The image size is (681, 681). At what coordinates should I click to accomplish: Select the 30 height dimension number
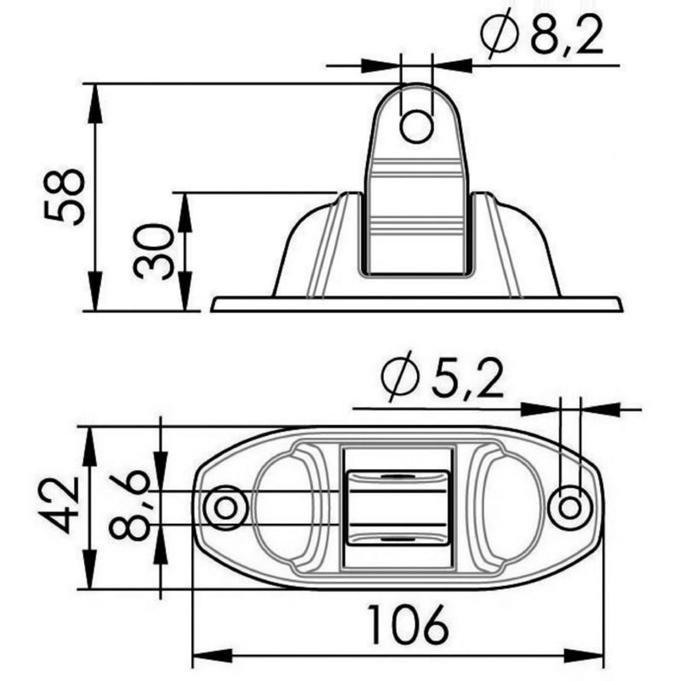[x=155, y=252]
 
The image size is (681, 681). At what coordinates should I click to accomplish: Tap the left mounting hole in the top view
[x=226, y=508]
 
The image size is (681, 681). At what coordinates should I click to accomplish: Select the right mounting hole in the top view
[x=570, y=508]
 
